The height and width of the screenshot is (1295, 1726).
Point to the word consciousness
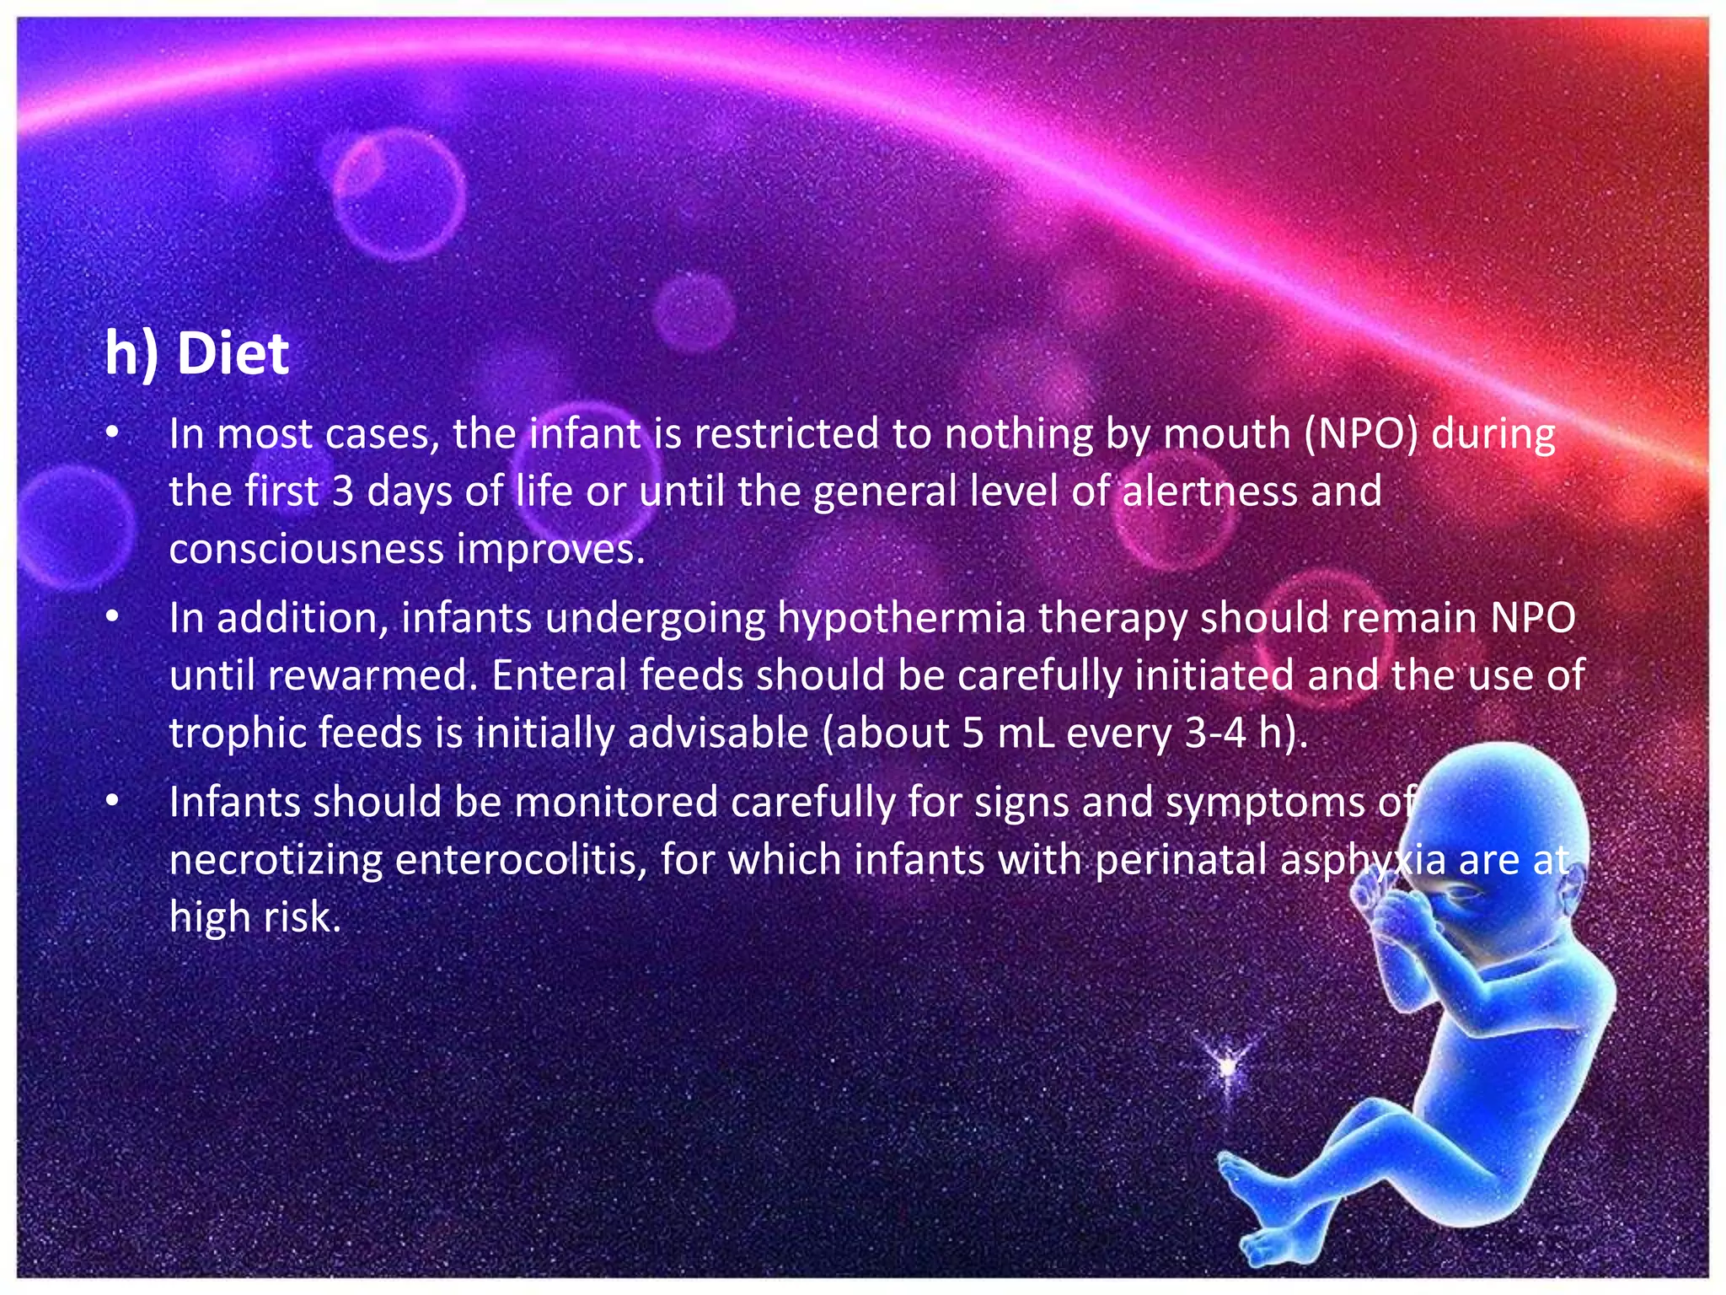point(307,550)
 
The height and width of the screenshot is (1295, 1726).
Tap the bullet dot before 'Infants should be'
point(112,802)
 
